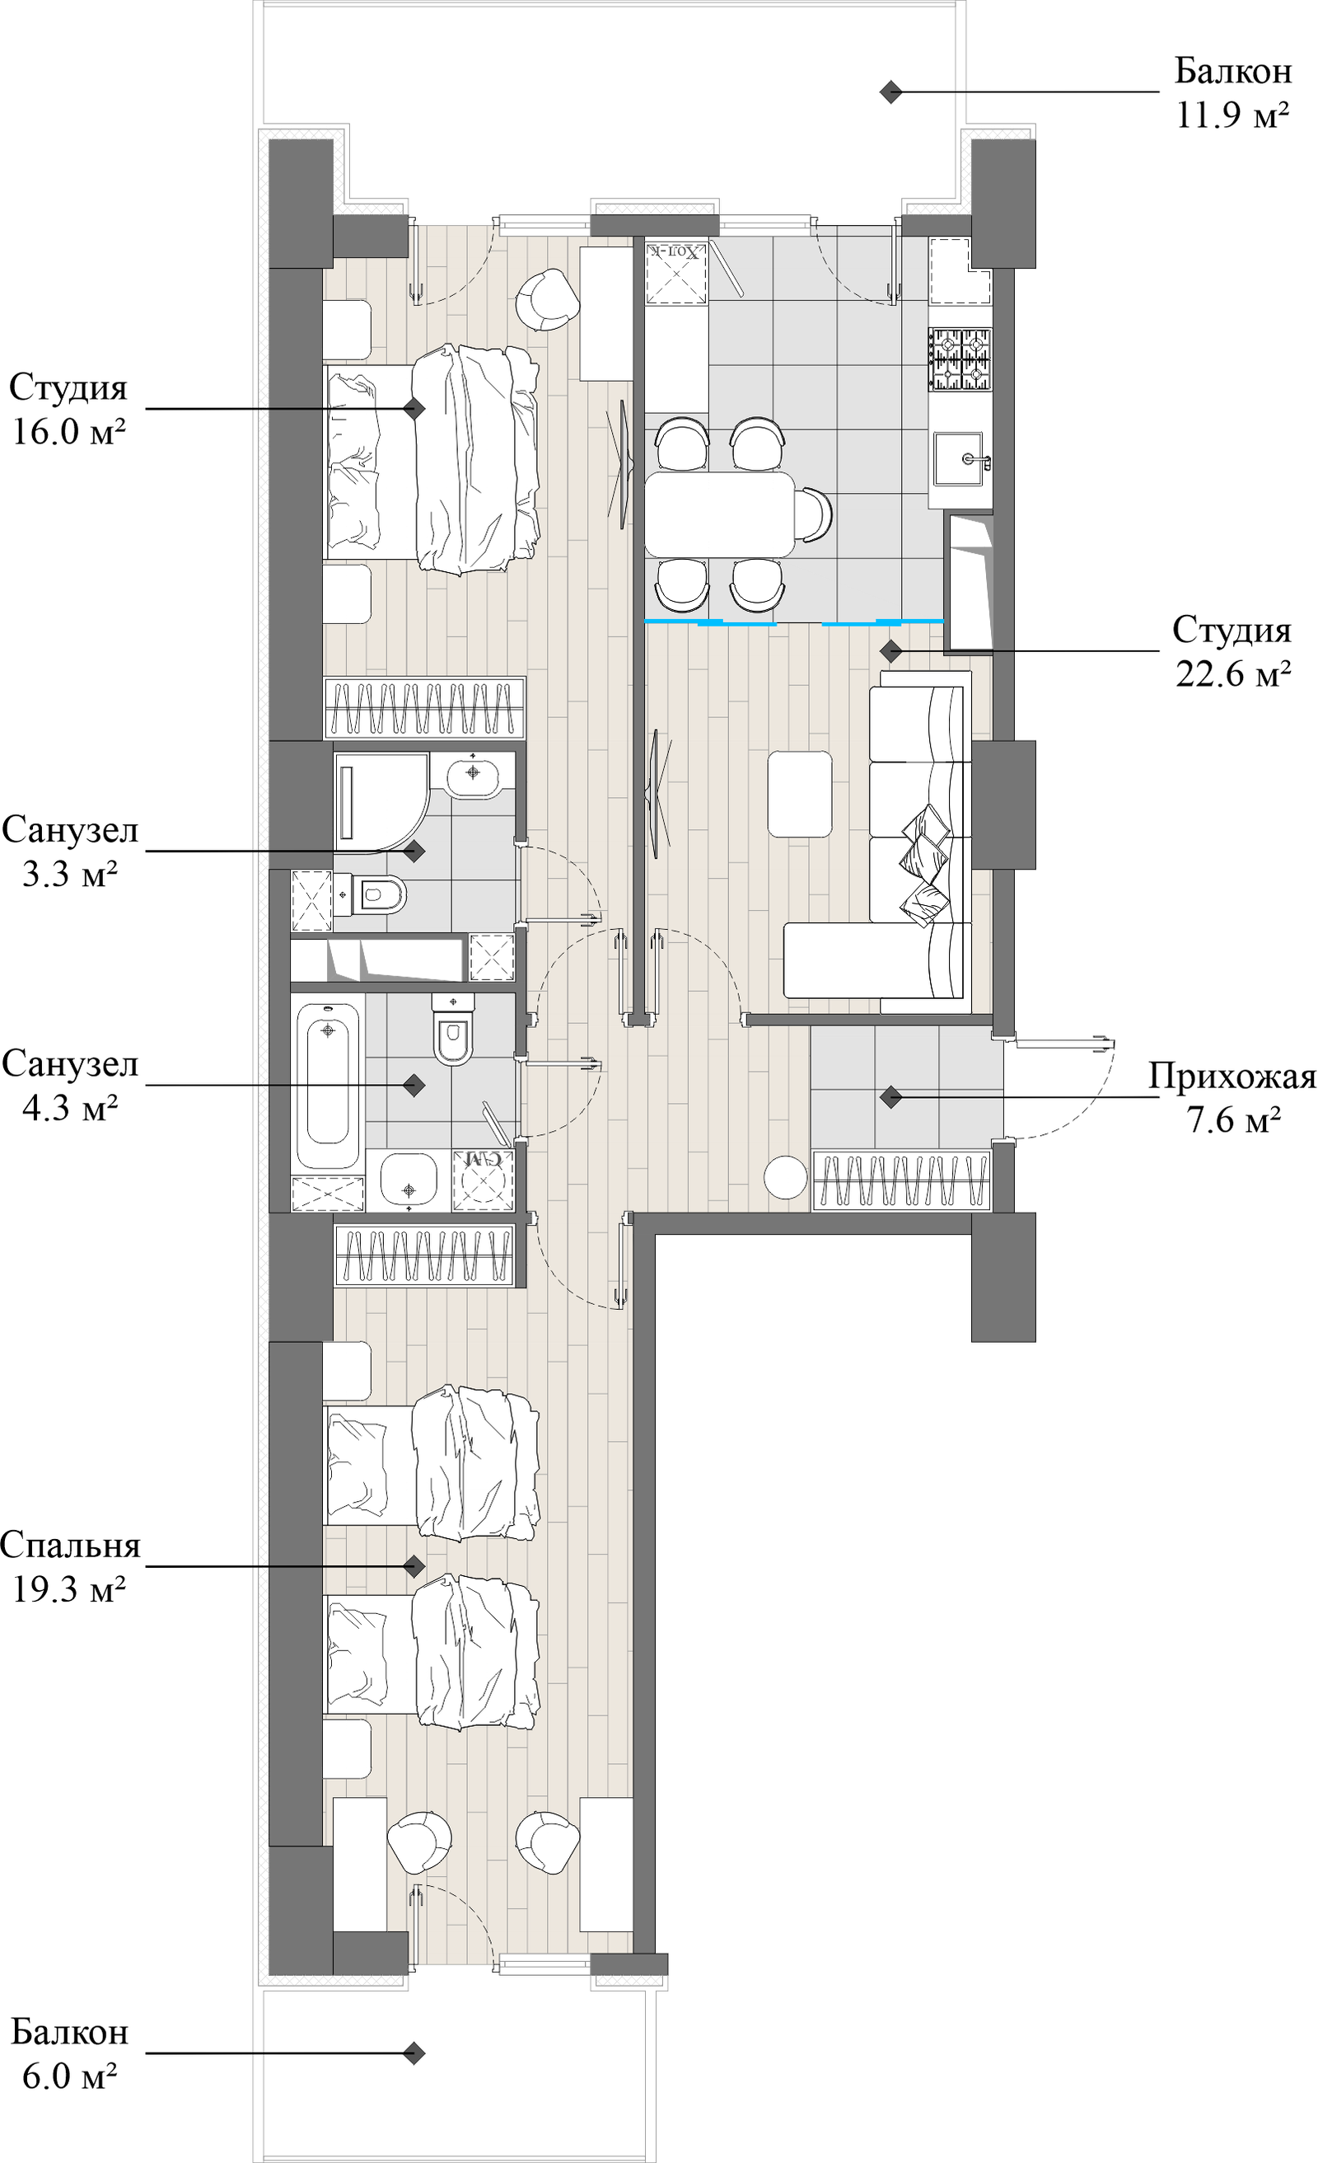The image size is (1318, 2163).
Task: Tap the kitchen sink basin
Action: tap(960, 458)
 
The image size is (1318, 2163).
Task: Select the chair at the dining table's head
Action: tap(815, 514)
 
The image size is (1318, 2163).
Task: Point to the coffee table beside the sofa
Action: tap(799, 794)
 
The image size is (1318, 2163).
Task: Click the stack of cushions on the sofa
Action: tap(926, 865)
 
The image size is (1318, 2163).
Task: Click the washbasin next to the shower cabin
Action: tap(473, 773)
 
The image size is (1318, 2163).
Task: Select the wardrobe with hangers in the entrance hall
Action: tap(901, 1180)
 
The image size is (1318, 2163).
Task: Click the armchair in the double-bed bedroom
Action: tap(546, 298)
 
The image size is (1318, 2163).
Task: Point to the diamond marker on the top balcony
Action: tap(890, 92)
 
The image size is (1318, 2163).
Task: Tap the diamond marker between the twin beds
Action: tap(414, 1566)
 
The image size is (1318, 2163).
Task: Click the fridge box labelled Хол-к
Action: tap(675, 274)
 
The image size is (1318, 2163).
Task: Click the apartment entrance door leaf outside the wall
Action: tap(1063, 1044)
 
